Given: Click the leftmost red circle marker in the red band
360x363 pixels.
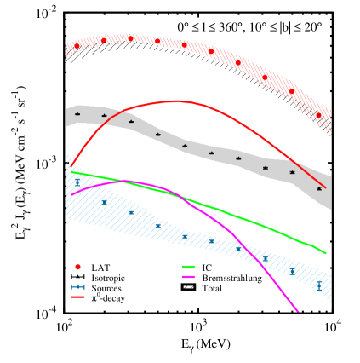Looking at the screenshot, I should [77, 46].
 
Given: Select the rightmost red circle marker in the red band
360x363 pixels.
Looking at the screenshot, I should [318, 115].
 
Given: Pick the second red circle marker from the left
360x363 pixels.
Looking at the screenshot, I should [104, 40].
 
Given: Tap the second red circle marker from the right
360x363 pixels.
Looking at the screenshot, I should [292, 91].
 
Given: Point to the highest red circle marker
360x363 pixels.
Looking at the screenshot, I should [130, 38].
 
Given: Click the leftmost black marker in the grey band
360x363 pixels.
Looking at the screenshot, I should [77, 113].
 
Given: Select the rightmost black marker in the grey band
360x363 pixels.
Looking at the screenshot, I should [319, 188].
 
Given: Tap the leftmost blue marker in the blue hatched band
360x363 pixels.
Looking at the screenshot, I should [77, 181].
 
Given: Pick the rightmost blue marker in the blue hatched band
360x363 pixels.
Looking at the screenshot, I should [319, 286].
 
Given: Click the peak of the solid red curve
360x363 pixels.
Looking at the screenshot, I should [177, 101].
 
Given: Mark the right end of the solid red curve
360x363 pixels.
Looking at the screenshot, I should [325, 187].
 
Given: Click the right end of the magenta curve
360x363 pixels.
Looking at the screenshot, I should [298, 311].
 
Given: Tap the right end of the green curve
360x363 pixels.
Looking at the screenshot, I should [325, 253].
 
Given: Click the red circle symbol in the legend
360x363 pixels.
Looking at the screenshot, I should [77, 267].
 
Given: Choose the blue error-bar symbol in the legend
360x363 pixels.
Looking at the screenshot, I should [77, 286].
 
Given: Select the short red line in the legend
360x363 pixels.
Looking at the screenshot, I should [77, 297].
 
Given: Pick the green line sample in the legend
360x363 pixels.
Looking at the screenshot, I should [188, 267].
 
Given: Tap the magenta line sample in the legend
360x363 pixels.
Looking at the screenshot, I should [188, 277].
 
